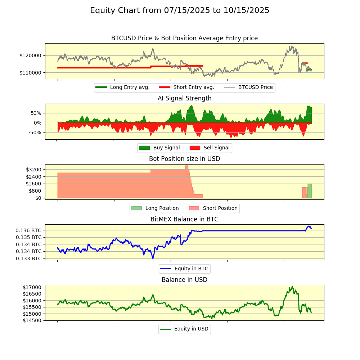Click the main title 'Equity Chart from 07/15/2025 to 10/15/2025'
coord(180,10)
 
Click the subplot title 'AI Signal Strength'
coord(184,98)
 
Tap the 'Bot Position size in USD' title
coord(184,159)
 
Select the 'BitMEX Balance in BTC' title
coord(184,219)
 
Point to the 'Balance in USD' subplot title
coord(184,280)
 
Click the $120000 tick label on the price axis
coord(30,55)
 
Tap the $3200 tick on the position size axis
coord(34,170)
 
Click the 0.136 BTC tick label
coord(28,230)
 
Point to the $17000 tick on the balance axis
coord(32,287)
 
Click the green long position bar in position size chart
coord(309,191)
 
